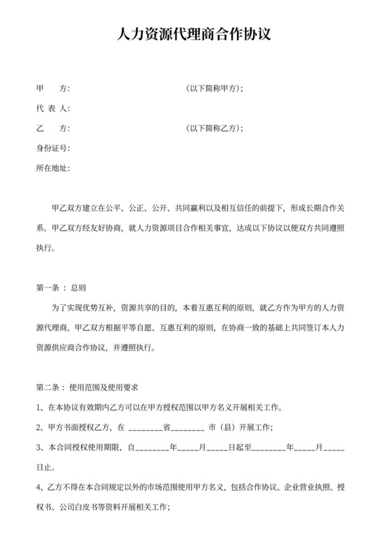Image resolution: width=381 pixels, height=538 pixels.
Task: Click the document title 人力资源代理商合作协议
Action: pos(190,33)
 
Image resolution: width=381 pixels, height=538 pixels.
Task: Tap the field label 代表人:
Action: pos(52,109)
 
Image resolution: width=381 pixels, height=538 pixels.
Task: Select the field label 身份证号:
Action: pos(52,148)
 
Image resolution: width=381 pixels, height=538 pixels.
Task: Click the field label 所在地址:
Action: pos(52,168)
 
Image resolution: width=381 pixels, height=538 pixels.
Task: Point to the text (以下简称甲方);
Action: pos(214,89)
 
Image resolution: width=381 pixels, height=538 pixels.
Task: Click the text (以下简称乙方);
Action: pos(214,128)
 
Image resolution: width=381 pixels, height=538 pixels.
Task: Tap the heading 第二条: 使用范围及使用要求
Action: pos(87,388)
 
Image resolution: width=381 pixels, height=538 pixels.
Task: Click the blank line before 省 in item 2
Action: pos(144,429)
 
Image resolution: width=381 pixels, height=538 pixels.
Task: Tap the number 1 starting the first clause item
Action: pos(39,408)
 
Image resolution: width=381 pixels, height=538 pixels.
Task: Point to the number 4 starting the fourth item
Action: pos(39,488)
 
